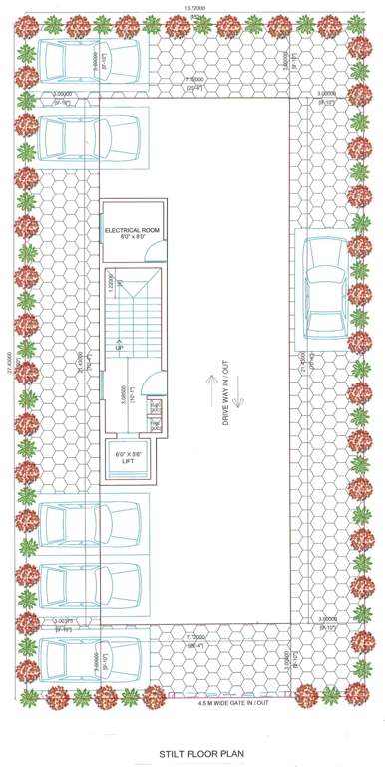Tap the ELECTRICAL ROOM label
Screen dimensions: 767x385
click(x=133, y=230)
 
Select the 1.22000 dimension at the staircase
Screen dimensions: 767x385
click(x=111, y=283)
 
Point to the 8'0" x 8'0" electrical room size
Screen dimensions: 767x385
click(x=133, y=238)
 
